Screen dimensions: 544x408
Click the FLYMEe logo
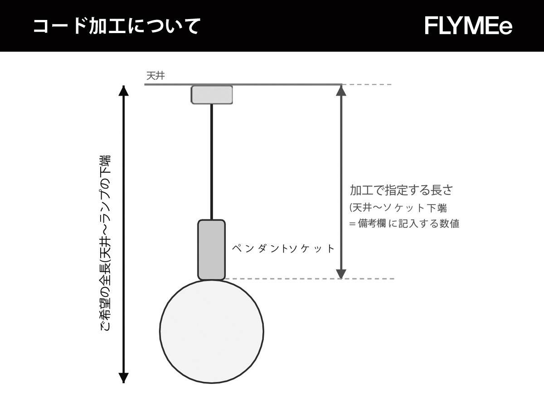point(468,26)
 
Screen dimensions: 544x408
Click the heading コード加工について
point(117,26)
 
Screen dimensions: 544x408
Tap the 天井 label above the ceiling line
point(155,76)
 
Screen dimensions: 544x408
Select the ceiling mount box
point(212,95)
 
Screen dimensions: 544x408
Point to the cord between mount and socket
point(212,162)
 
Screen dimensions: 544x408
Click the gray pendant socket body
point(211,250)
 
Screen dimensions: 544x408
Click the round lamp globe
point(212,332)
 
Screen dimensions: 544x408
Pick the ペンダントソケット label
point(283,248)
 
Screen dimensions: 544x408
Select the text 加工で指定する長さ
point(401,190)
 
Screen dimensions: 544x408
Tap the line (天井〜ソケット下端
point(398,208)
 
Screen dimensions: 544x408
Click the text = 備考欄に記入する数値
point(404,223)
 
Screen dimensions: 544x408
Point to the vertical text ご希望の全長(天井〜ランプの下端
point(105,243)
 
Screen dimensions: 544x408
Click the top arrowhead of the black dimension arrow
point(124,91)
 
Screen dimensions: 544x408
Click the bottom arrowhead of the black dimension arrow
point(124,378)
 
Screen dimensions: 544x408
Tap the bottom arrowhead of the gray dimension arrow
point(341,273)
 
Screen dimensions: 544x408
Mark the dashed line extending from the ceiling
point(367,84)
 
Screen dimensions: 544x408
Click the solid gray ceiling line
point(243,84)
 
